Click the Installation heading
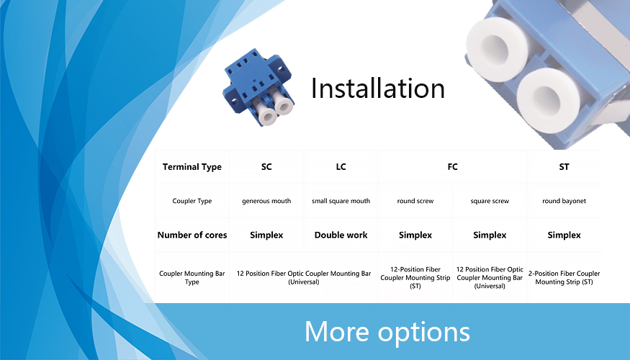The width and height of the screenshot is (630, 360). [378, 89]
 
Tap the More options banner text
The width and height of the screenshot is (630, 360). [387, 331]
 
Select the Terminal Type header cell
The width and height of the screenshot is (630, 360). [192, 167]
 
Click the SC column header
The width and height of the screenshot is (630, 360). [266, 167]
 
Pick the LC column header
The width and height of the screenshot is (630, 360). [341, 167]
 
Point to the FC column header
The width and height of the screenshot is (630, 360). [452, 167]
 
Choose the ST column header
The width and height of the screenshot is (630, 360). [564, 167]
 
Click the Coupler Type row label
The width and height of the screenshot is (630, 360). [192, 201]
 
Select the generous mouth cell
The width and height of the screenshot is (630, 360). [266, 201]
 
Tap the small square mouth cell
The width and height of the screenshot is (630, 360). [341, 201]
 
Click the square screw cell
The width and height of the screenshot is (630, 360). [490, 201]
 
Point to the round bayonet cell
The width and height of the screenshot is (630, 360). [564, 201]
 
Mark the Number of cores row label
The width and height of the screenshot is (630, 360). [192, 235]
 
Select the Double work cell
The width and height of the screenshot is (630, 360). [341, 235]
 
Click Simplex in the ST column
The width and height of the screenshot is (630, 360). [564, 235]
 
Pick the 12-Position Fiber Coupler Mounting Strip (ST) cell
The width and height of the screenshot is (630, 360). [415, 278]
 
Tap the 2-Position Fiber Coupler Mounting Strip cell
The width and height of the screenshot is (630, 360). [564, 278]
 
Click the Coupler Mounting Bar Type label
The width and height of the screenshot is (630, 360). [192, 278]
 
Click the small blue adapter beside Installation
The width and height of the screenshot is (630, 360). [258, 88]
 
